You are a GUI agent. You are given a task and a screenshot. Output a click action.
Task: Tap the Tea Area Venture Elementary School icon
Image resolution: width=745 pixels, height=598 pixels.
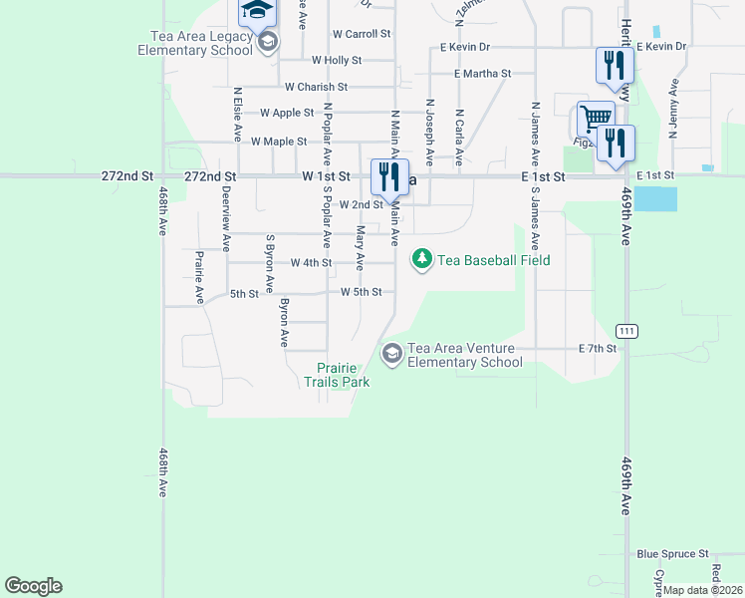(x=392, y=354)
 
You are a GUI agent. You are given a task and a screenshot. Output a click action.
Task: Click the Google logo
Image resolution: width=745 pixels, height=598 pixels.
(x=33, y=586)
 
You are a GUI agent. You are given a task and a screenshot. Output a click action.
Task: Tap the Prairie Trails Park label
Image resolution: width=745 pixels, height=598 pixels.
(x=337, y=375)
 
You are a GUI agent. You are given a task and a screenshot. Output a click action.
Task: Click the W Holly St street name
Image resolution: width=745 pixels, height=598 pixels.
(x=337, y=60)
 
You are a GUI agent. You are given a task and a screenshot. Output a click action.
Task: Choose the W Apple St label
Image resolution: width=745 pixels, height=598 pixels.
(x=287, y=114)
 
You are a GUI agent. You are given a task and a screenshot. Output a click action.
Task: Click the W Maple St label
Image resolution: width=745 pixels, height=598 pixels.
(x=279, y=142)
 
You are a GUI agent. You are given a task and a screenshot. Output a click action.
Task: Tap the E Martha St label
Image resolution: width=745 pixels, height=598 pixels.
(x=482, y=74)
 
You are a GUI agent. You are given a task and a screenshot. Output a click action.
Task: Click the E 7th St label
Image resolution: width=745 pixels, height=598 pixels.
(x=599, y=349)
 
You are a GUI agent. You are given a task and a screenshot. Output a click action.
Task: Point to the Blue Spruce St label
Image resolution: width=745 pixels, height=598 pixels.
(x=672, y=553)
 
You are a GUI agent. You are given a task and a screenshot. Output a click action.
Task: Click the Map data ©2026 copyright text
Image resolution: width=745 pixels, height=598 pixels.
(x=701, y=590)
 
